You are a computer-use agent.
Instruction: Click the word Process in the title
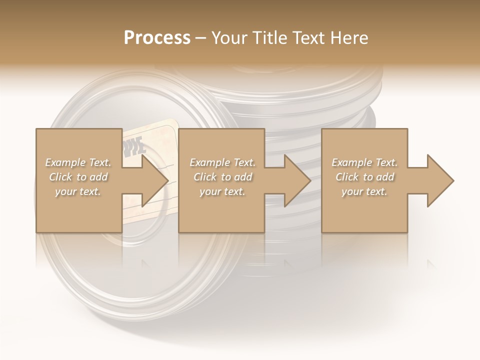coord(157,37)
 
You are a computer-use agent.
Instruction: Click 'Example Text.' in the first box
coord(78,162)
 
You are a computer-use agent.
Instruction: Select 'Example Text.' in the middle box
coord(222,162)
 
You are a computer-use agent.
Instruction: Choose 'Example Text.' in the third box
coord(364,162)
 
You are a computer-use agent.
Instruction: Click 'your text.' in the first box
coord(78,191)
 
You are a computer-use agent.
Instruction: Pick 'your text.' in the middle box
coord(222,191)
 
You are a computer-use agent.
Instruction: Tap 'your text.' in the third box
coord(364,191)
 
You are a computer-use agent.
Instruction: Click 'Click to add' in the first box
coord(78,177)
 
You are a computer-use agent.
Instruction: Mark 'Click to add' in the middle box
coord(222,177)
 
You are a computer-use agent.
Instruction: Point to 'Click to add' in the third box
coord(364,177)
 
